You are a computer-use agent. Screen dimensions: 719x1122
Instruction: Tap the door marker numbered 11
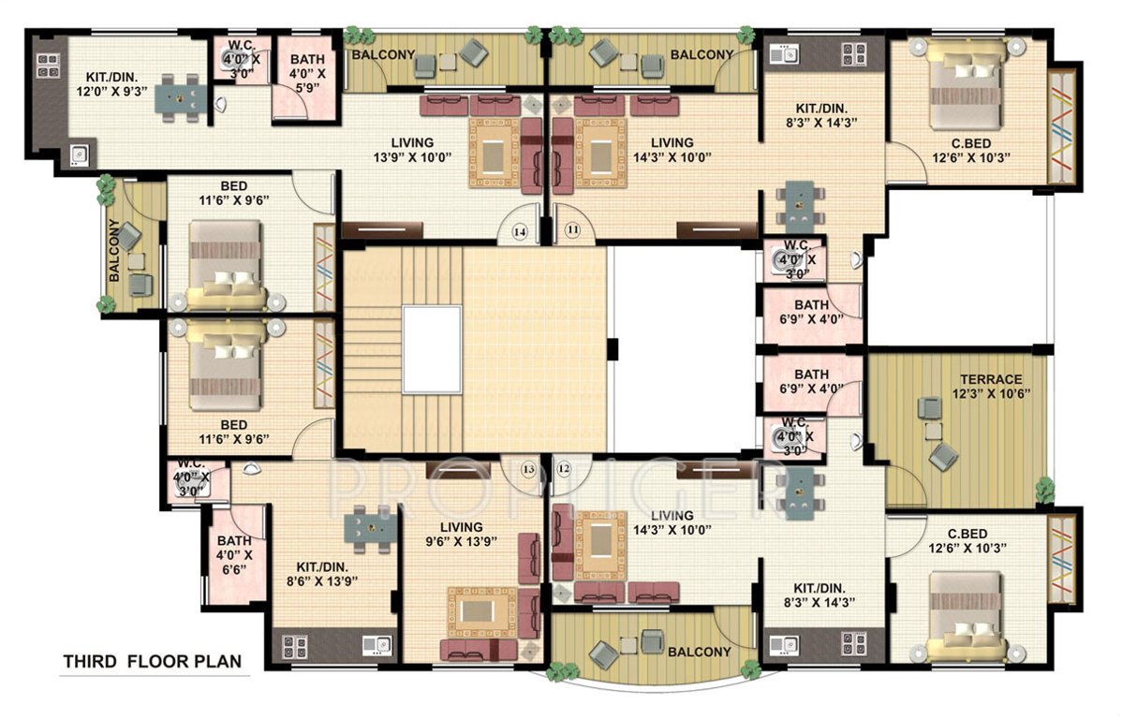pos(570,229)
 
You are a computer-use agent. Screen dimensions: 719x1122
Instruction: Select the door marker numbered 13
pos(528,468)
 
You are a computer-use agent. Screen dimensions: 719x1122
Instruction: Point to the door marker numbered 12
pos(563,468)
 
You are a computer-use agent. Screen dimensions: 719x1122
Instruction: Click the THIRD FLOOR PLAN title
pos(152,662)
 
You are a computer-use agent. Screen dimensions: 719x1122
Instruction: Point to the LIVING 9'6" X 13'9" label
pos(459,534)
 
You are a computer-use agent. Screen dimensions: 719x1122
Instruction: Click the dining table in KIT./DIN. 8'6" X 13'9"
pos(367,525)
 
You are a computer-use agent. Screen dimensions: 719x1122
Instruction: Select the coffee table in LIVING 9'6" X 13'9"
pos(480,612)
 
